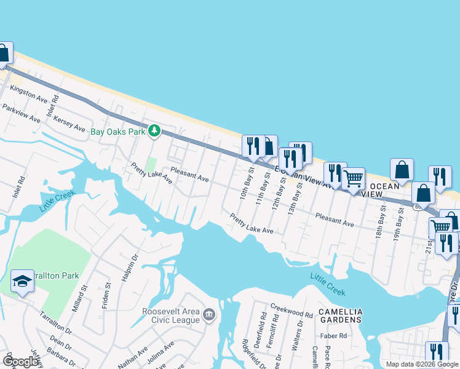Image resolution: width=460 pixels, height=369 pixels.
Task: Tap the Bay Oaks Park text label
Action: (117, 131)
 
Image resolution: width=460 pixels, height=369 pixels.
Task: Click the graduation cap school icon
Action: (22, 281)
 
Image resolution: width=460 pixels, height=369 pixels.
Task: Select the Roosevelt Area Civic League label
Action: (171, 315)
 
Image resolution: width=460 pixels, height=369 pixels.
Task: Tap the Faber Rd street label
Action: (333, 336)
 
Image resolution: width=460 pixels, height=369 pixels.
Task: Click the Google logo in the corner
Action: (20, 362)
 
